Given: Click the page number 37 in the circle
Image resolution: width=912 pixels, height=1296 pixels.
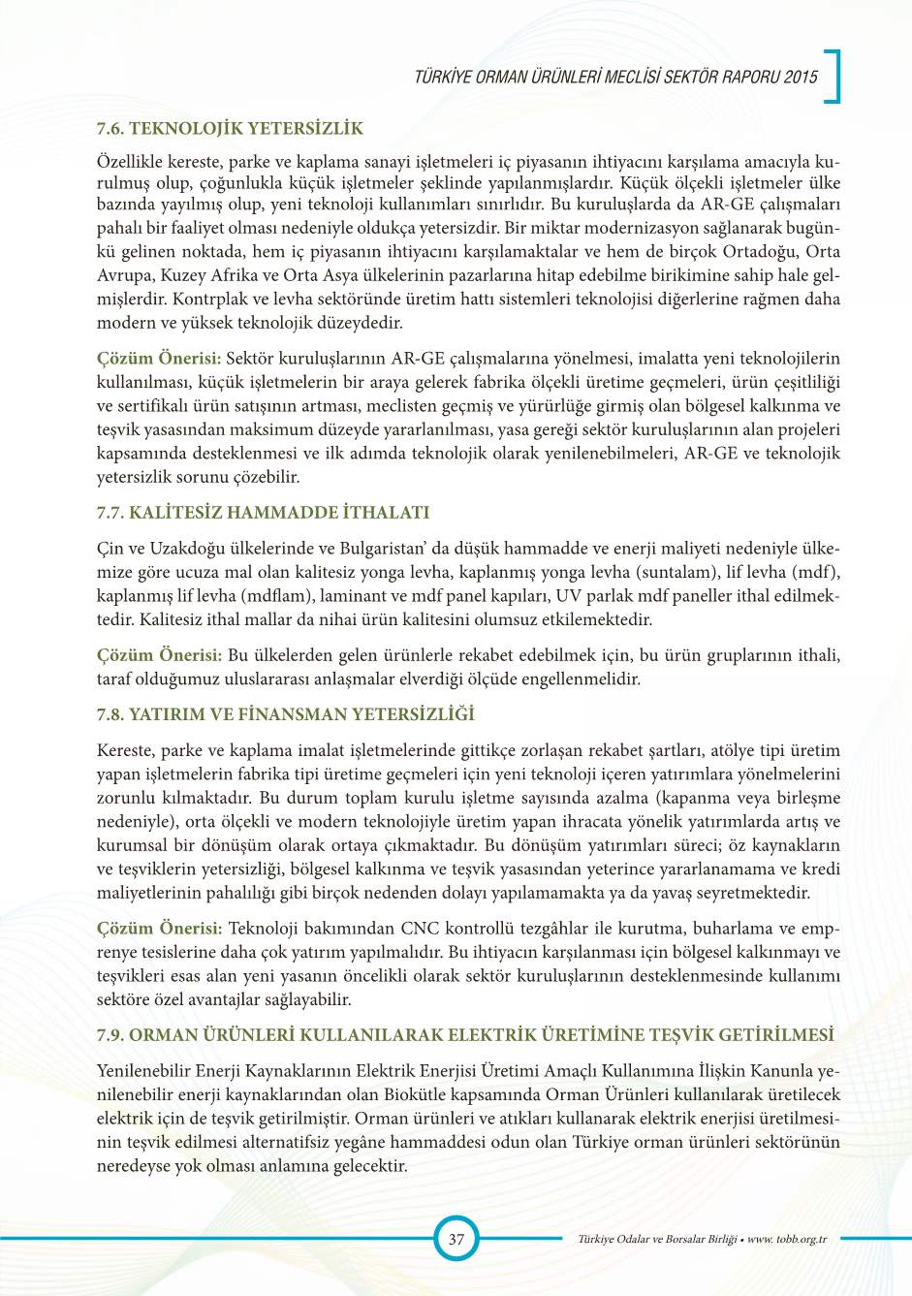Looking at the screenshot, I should [456, 1238].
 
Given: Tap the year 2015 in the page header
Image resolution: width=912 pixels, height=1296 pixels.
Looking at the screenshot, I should [801, 77].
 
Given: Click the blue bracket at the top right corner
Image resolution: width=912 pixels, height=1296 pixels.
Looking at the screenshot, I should [833, 76].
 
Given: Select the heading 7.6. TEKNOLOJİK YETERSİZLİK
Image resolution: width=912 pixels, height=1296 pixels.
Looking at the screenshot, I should [230, 128].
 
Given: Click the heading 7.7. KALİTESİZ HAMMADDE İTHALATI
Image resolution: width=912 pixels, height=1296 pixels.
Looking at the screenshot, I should [263, 512].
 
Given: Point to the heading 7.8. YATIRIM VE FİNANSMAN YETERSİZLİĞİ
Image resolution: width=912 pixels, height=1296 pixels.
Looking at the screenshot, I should [286, 714].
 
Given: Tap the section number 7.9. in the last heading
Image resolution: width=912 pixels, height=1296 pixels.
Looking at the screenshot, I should [110, 1035].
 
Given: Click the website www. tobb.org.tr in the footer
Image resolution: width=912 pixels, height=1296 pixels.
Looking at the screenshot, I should [787, 1239].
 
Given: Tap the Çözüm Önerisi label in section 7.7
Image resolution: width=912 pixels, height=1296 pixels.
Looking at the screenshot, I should [159, 655].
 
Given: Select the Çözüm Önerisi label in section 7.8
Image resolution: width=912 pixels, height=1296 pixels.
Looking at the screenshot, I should [159, 929].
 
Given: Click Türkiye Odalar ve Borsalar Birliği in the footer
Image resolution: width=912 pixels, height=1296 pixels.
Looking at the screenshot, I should [657, 1239].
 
